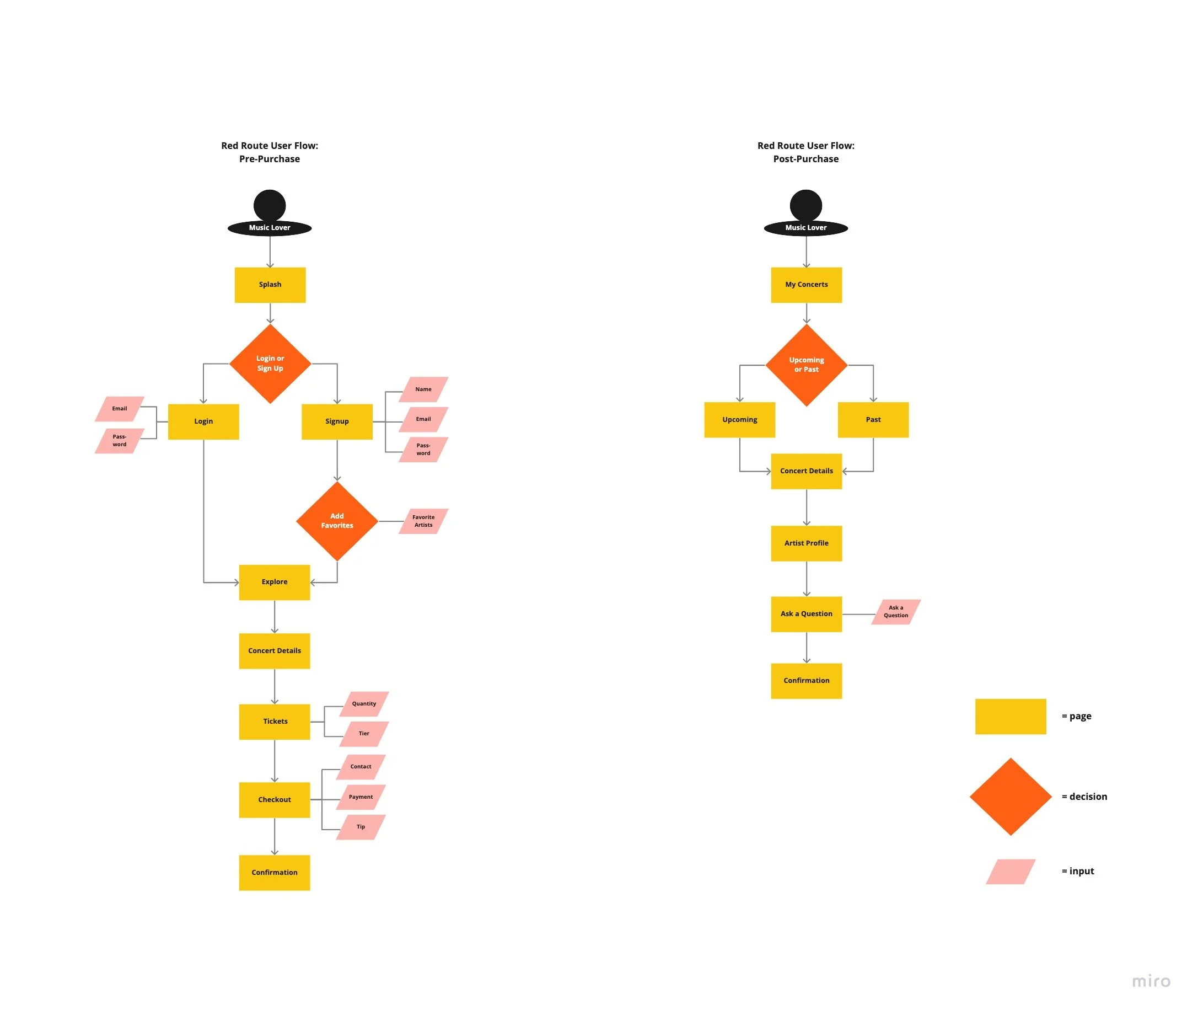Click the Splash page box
click(270, 285)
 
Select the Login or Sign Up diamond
click(270, 364)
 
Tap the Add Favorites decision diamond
click(337, 521)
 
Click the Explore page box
click(275, 583)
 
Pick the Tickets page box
click(275, 722)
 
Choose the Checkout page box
click(275, 800)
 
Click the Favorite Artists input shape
click(423, 521)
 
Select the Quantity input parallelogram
click(364, 704)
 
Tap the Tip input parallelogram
click(361, 827)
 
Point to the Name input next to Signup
click(423, 389)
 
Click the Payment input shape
click(361, 797)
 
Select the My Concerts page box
click(807, 285)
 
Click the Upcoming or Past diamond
click(807, 365)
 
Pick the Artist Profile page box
click(807, 543)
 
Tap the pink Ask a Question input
click(895, 612)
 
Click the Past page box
click(873, 420)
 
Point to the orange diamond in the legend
click(1011, 797)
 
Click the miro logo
click(1151, 981)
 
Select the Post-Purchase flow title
click(806, 152)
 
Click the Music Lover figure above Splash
click(270, 213)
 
